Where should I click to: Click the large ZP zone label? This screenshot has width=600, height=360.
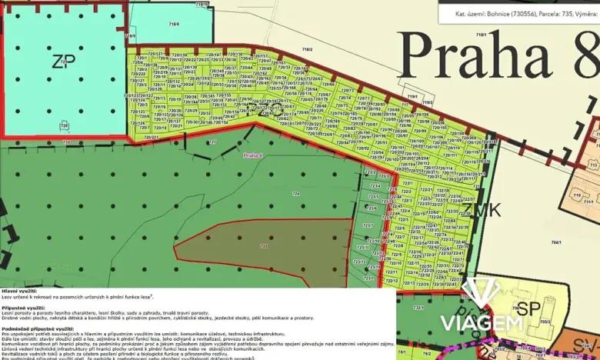[x=62, y=62]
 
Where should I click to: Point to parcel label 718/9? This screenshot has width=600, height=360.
[x=130, y=36]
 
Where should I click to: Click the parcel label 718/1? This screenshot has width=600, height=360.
[x=482, y=35]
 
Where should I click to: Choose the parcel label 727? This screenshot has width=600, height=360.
[x=213, y=143]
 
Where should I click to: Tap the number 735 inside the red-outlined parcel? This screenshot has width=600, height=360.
[x=264, y=246]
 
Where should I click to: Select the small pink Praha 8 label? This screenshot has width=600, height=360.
[x=253, y=155]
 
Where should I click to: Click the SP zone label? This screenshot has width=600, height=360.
[x=527, y=308]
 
